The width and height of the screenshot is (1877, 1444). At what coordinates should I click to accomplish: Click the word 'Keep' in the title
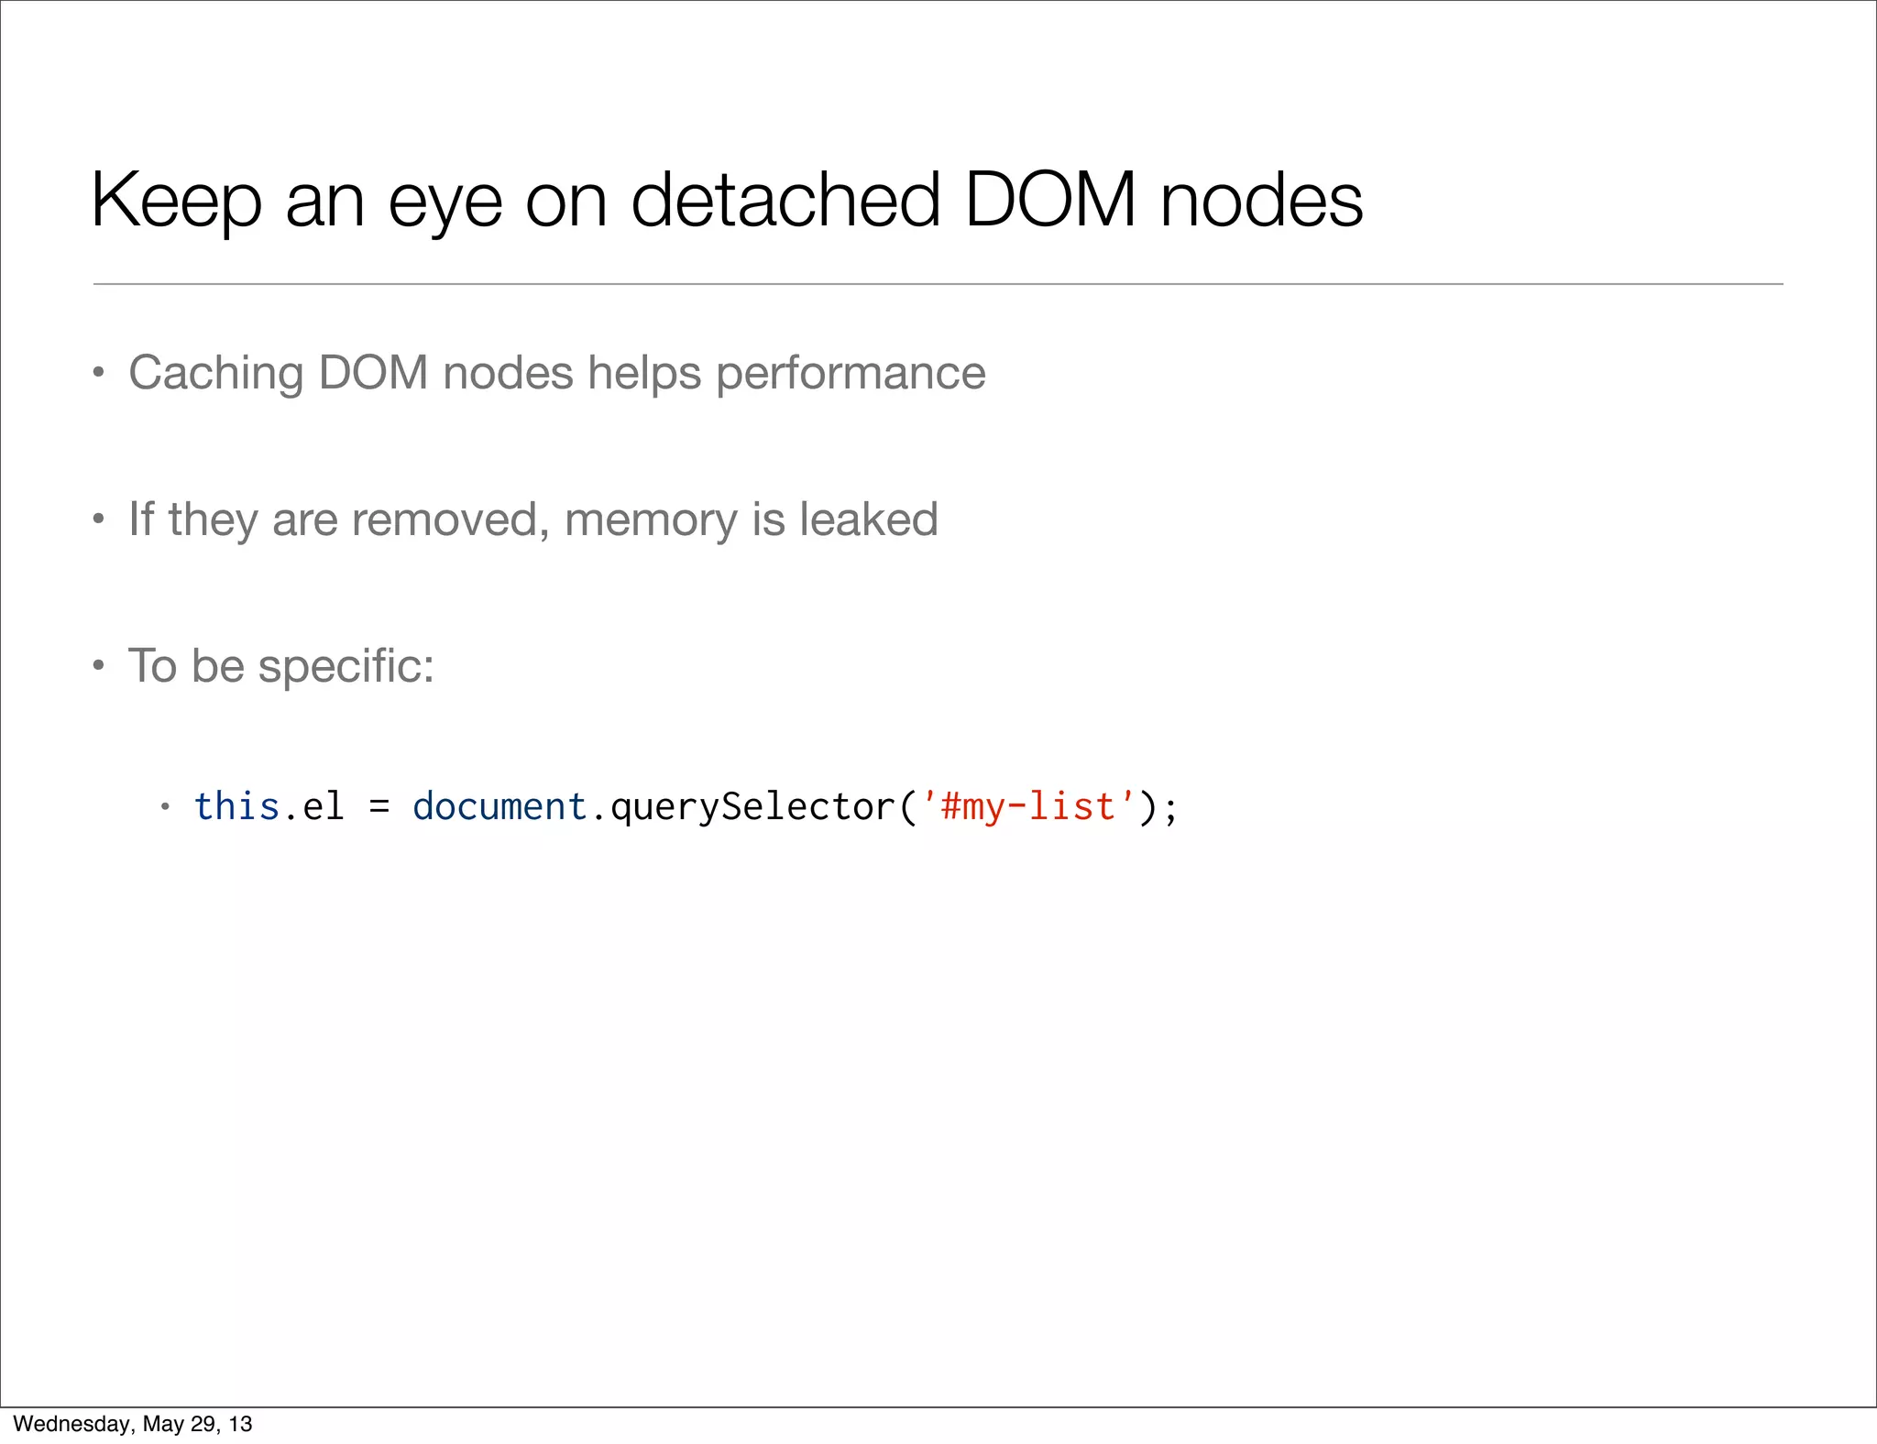176,201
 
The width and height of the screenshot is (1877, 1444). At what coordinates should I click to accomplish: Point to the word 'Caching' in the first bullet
216,373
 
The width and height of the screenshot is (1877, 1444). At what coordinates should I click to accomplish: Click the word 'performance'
851,374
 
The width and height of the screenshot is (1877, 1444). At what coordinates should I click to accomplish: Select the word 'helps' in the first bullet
644,373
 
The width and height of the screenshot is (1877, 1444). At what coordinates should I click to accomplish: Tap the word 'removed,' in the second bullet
451,520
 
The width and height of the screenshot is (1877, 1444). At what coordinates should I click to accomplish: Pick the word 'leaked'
868,519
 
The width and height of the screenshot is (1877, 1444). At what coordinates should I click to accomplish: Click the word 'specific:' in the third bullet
346,666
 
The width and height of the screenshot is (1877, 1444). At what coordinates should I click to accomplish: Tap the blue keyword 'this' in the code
236,806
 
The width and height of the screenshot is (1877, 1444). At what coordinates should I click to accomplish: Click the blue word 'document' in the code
499,806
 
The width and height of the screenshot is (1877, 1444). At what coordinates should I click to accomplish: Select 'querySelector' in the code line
752,806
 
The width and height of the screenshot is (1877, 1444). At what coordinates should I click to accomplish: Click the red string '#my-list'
1027,806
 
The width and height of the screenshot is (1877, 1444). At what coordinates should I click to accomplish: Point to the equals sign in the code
379,808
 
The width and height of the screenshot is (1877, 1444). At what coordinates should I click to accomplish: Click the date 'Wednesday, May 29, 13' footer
133,1424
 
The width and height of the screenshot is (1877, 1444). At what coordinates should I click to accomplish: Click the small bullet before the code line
165,807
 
